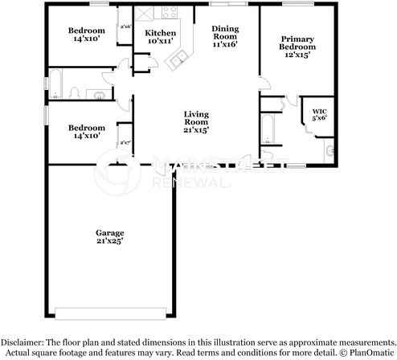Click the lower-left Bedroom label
click(86, 129)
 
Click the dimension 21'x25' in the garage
click(111, 239)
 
